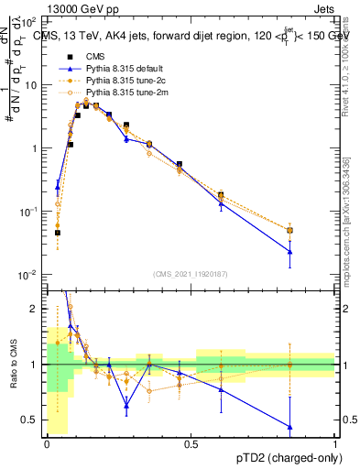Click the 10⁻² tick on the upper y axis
(x=29, y=275)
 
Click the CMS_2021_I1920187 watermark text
(x=191, y=273)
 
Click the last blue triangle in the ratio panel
(x=289, y=427)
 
